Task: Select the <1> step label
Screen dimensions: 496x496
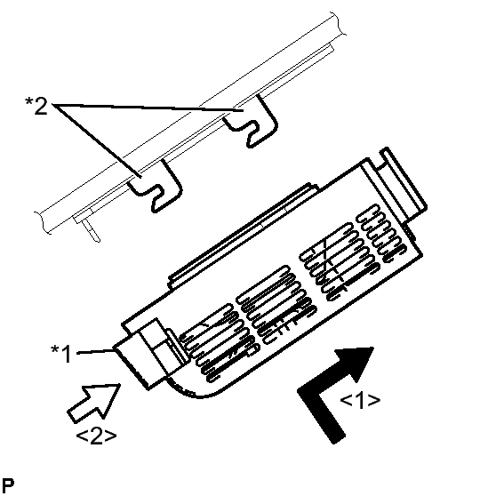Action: tap(360, 400)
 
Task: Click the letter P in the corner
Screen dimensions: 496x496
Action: tap(7, 484)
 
